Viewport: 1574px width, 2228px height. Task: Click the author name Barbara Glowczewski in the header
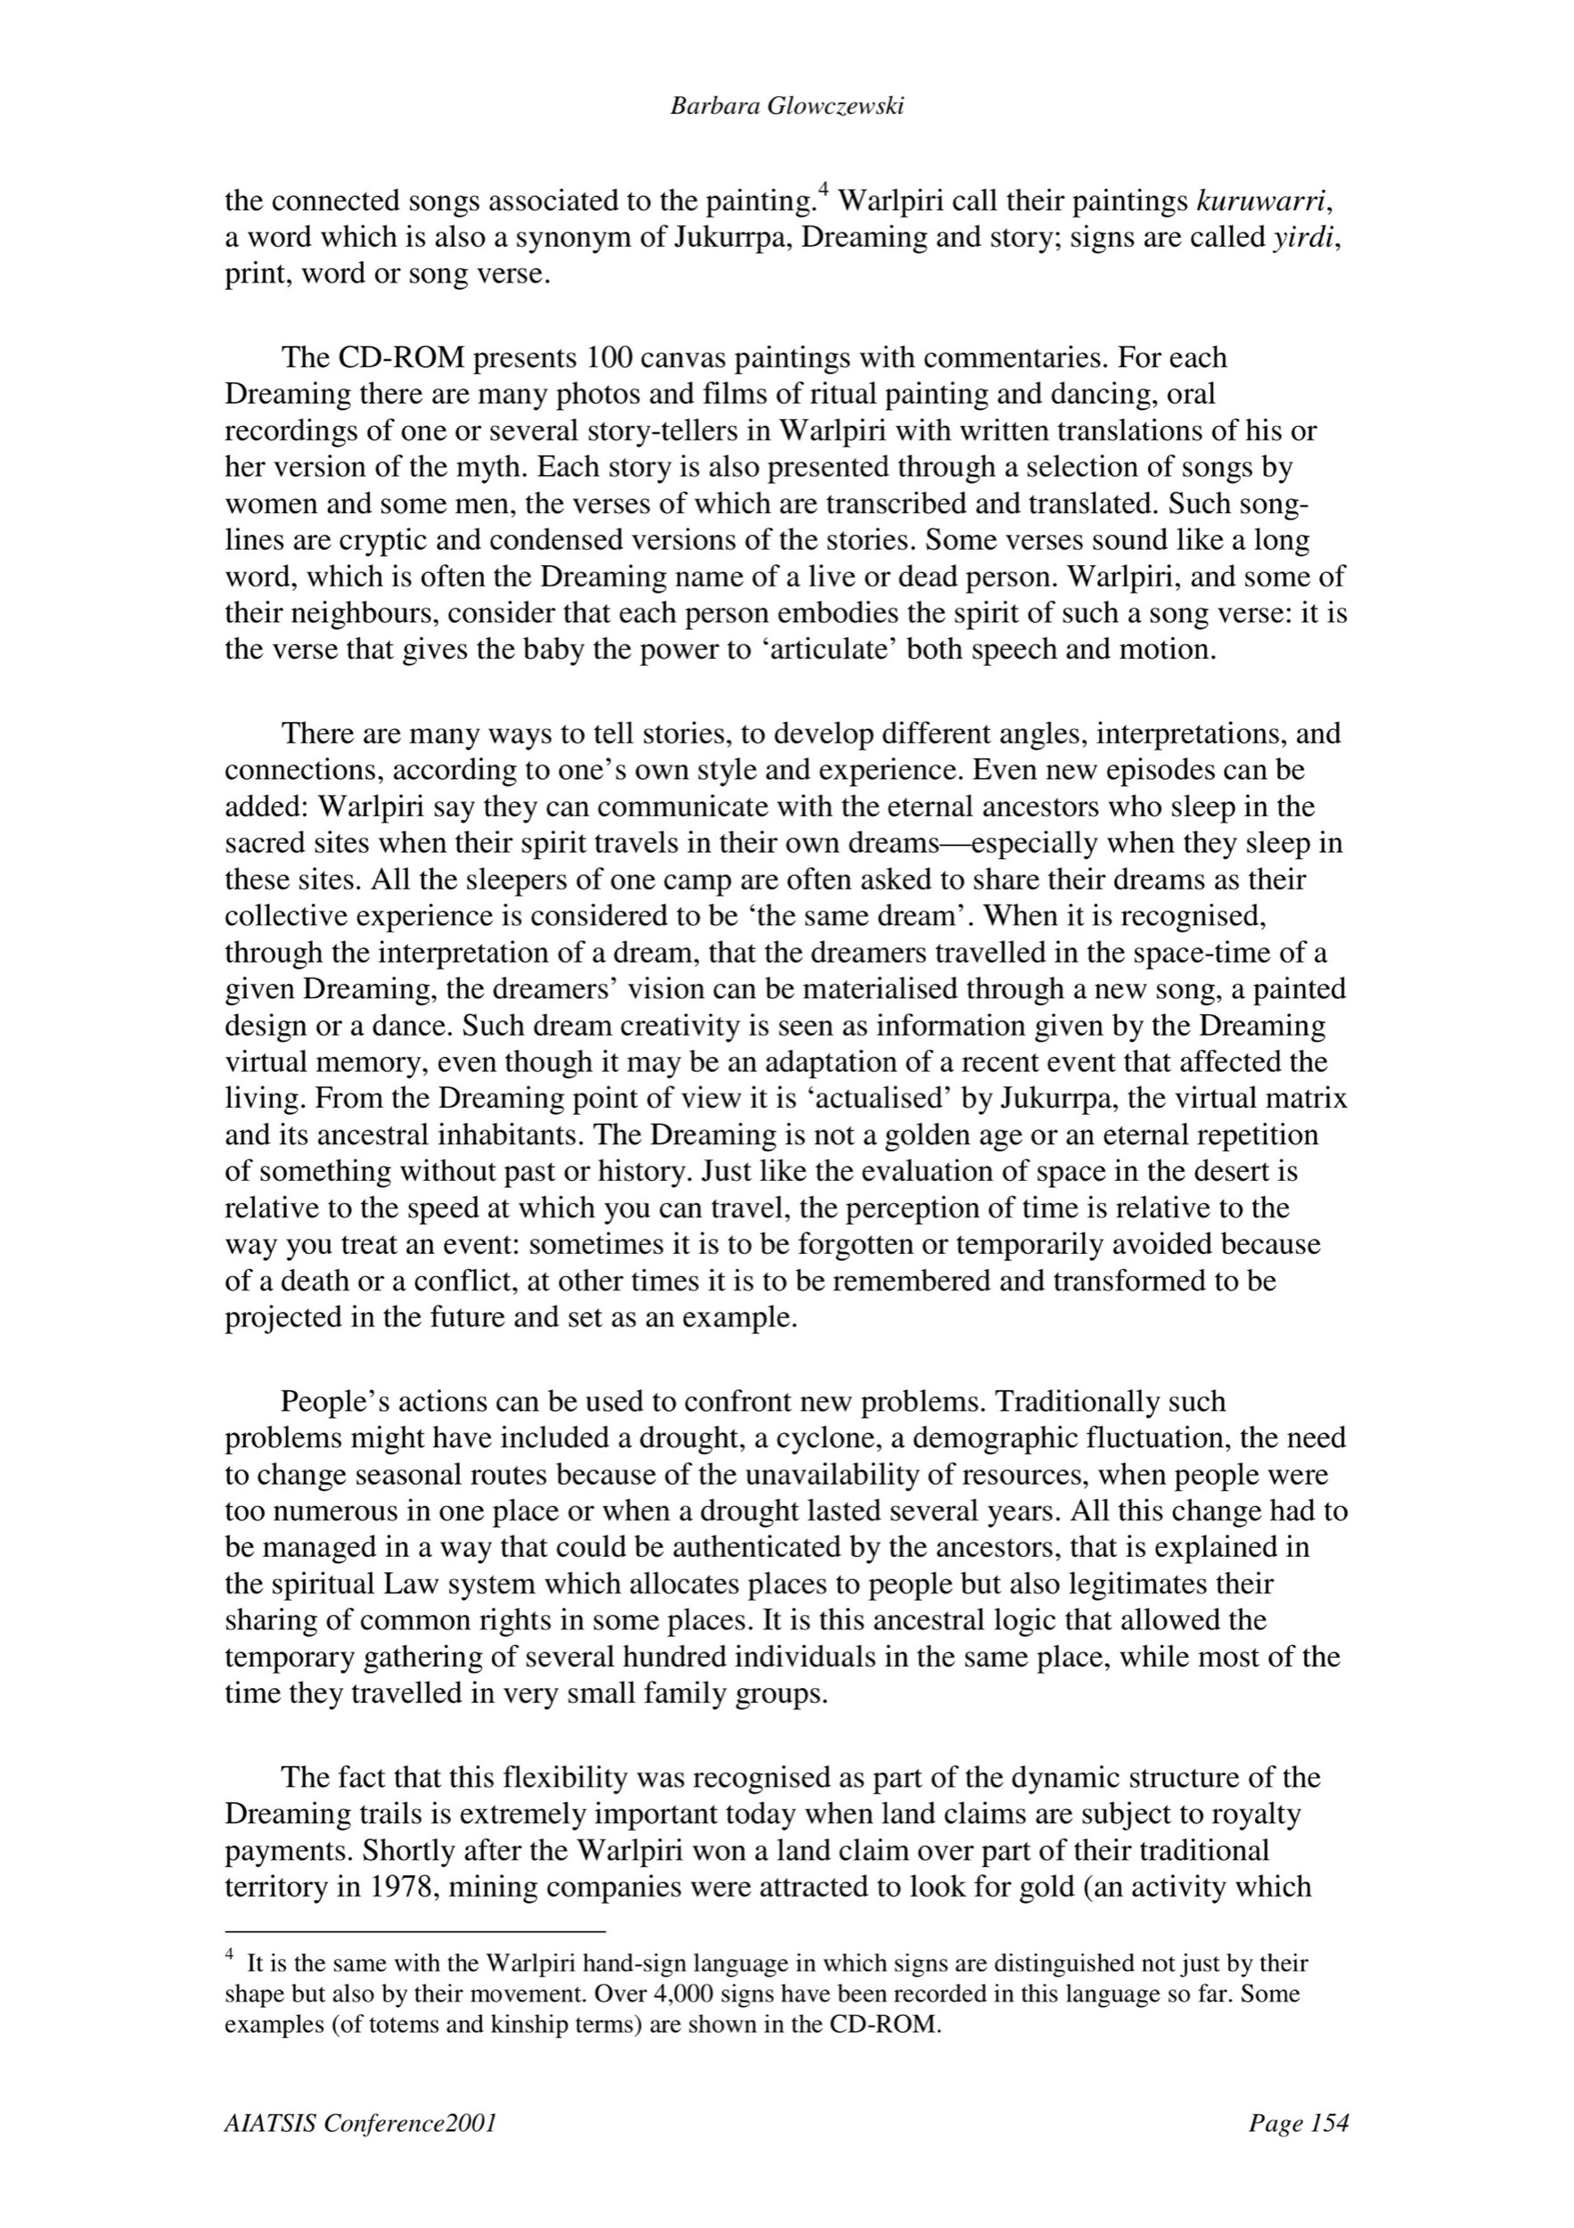787,107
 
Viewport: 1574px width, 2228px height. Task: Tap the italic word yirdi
1304,238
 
